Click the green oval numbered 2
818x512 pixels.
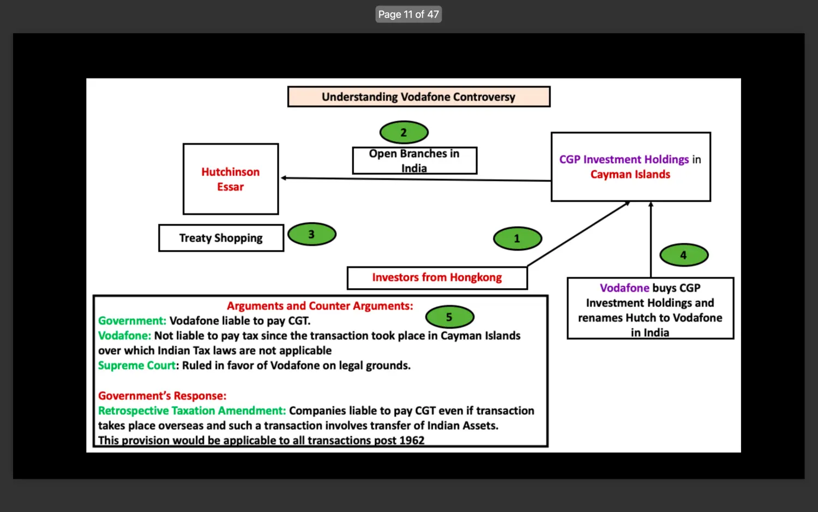point(404,132)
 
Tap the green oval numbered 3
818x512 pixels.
point(312,234)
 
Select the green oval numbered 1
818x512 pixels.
point(518,239)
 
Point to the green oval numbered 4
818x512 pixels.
point(684,255)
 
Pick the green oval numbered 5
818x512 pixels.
point(449,317)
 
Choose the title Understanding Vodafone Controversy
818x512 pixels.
point(419,97)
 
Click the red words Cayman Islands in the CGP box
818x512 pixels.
point(630,174)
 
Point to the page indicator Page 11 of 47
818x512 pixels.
point(408,14)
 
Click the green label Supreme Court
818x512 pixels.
point(136,366)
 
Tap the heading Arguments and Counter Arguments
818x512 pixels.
point(320,306)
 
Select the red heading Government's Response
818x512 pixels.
point(162,395)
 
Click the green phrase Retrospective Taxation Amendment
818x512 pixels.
point(192,410)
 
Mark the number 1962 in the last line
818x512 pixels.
point(412,440)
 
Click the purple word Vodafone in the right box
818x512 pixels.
point(624,288)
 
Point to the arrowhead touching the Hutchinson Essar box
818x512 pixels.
point(284,178)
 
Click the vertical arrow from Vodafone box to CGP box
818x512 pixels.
point(651,240)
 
